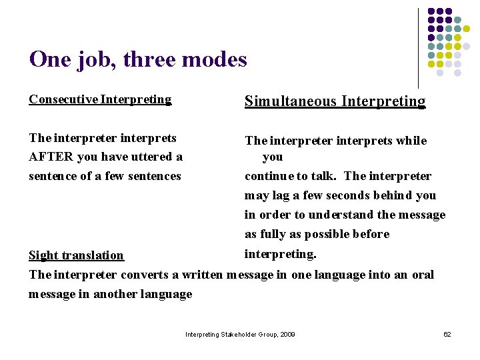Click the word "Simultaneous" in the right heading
[291, 101]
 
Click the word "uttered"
[150, 157]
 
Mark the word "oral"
[423, 275]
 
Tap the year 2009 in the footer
[287, 334]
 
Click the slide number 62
[447, 334]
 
